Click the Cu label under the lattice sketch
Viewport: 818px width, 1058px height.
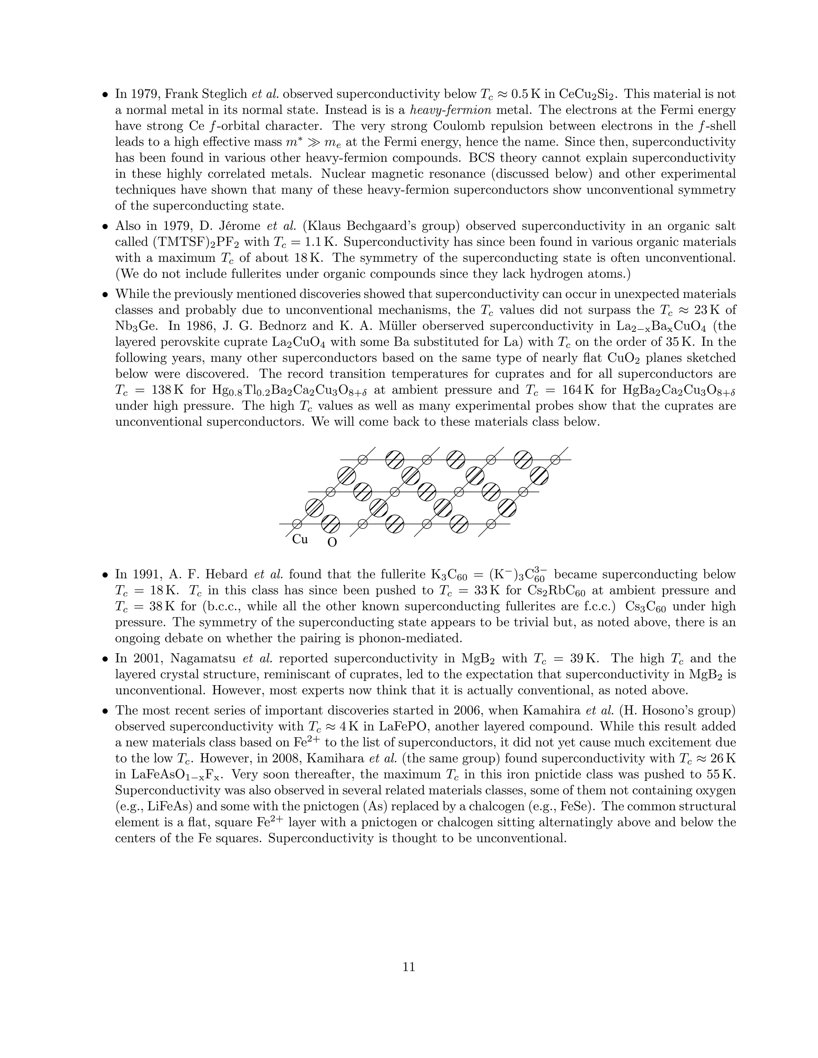point(300,539)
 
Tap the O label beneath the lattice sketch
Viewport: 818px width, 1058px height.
point(332,543)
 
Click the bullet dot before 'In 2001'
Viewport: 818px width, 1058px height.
point(105,659)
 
